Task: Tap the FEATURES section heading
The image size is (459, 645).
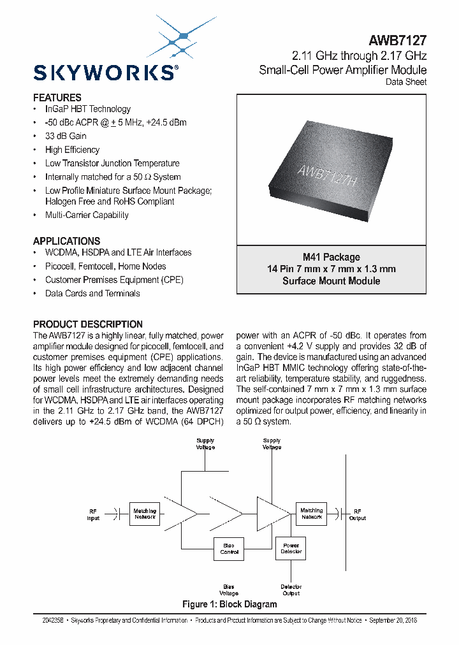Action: coord(57,98)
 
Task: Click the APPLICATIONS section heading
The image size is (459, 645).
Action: coord(66,241)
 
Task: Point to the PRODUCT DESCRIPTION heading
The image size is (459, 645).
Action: coord(88,324)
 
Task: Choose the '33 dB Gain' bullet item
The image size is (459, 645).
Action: coord(66,136)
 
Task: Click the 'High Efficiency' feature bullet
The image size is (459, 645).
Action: coord(72,150)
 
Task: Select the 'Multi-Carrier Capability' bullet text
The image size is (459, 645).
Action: coord(87,215)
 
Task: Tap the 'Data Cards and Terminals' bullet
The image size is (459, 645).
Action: coord(92,293)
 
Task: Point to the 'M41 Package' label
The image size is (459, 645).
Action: coord(331,257)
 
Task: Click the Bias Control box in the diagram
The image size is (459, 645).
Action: coord(229,549)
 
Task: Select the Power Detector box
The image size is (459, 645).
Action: coord(291,548)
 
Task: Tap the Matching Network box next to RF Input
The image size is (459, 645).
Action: coord(145,514)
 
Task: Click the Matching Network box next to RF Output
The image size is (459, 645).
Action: coord(312,514)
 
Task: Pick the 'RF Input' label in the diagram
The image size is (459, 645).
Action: coord(94,514)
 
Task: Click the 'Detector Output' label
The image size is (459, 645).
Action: coord(291,590)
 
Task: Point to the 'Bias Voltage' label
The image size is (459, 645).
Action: coord(229,590)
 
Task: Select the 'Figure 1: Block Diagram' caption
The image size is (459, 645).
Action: coord(229,604)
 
